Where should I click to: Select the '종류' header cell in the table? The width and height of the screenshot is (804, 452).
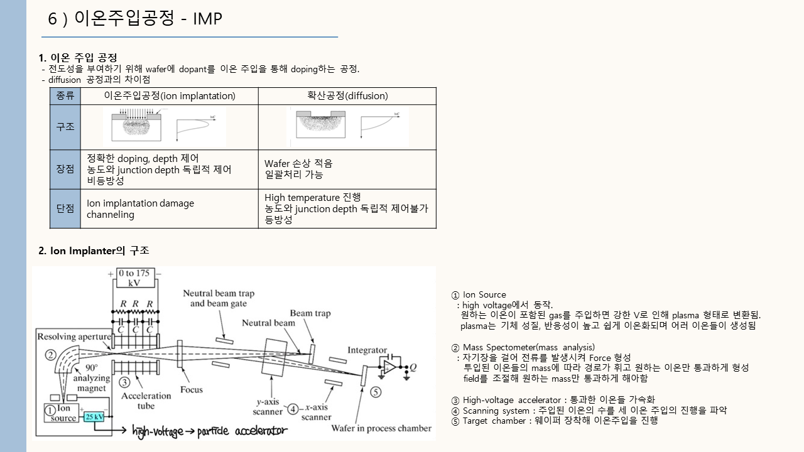(x=65, y=96)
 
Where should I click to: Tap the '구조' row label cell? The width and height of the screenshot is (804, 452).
(x=65, y=126)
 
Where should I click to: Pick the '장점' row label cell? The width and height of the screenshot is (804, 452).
(x=65, y=169)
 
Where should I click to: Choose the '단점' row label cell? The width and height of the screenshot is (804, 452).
(x=65, y=208)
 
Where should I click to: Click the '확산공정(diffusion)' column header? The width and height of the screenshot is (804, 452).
(x=347, y=96)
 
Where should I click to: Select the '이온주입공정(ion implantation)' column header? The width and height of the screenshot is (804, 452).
(x=170, y=96)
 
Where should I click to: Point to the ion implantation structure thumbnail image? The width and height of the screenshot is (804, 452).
(x=165, y=127)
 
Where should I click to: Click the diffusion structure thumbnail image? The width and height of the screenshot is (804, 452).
(x=347, y=127)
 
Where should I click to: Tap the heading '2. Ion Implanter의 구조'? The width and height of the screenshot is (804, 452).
(x=94, y=250)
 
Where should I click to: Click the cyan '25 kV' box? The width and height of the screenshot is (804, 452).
(x=94, y=417)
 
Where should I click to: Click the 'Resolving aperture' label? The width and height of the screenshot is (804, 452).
(x=74, y=336)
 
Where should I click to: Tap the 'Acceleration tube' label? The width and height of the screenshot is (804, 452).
(x=146, y=400)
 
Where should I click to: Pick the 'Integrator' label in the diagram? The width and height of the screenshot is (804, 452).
(x=367, y=350)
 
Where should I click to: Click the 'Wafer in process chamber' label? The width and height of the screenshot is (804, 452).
(x=381, y=428)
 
